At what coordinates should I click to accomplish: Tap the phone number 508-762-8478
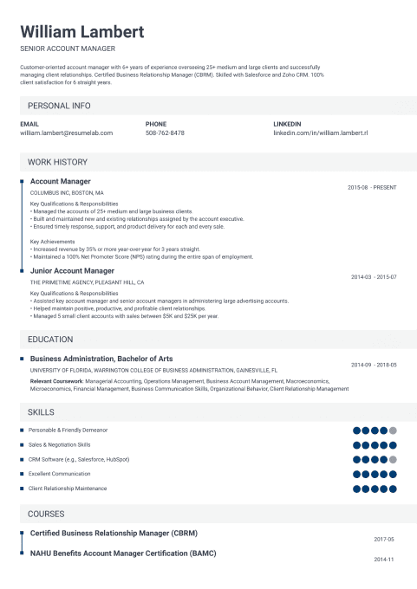click(165, 133)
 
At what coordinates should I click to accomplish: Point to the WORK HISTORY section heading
click(57, 162)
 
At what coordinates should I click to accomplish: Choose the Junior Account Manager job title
click(72, 271)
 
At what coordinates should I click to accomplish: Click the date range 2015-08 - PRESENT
click(372, 187)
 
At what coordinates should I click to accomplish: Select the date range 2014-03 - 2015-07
click(374, 276)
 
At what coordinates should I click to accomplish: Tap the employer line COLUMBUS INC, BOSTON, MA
click(67, 192)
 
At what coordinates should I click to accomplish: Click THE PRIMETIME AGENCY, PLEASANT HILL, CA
click(87, 282)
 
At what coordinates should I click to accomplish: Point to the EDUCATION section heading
click(50, 340)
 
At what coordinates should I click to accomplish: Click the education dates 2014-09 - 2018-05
click(374, 365)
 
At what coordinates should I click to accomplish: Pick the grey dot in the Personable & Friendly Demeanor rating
click(393, 430)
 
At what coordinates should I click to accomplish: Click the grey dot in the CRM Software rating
click(393, 459)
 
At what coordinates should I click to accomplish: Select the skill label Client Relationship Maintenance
click(68, 489)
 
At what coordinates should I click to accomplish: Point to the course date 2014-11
click(384, 560)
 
